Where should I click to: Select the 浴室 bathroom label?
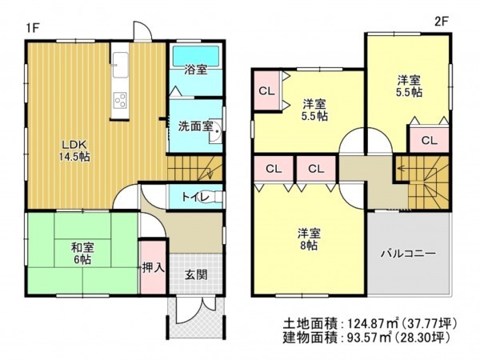tap(196, 70)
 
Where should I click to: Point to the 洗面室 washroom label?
tap(194, 126)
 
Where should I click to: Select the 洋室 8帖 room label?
tap(308, 239)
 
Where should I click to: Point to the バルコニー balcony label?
tap(408, 254)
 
